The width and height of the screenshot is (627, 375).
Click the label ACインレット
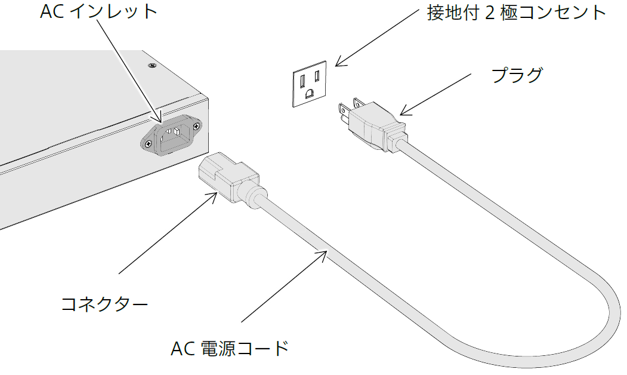pyautogui.click(x=98, y=12)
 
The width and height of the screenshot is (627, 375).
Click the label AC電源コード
pyautogui.click(x=230, y=348)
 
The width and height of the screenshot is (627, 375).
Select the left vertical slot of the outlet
pyautogui.click(x=302, y=78)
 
